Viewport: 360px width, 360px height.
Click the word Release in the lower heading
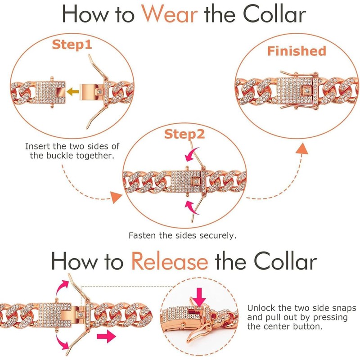point(170,261)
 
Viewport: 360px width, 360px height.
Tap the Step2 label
point(184,134)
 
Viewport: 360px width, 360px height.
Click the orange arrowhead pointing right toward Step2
point(117,197)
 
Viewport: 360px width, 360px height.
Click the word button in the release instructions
point(308,326)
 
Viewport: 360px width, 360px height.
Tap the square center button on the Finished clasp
point(309,87)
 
